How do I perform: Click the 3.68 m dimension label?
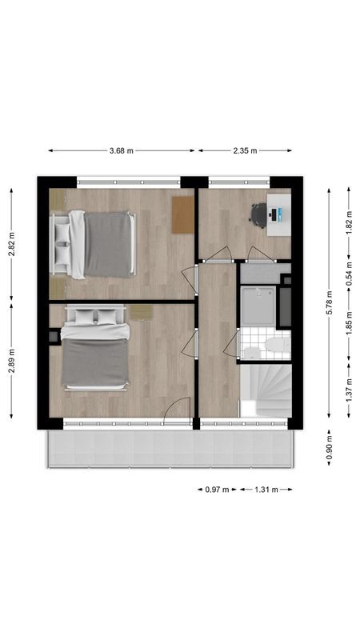(x=122, y=150)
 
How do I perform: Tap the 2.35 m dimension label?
(x=246, y=150)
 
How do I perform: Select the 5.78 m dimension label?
(x=330, y=302)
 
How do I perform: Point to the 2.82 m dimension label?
(x=11, y=244)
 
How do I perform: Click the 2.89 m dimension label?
(x=11, y=361)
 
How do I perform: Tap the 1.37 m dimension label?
(x=349, y=390)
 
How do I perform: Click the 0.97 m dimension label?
(x=217, y=490)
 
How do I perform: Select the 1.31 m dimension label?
(x=266, y=490)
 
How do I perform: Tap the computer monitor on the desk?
(x=274, y=214)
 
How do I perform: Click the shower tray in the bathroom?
(x=258, y=306)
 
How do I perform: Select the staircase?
(x=266, y=390)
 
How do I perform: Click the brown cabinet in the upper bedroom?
(x=182, y=214)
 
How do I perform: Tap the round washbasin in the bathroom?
(x=252, y=352)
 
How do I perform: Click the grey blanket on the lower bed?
(x=95, y=362)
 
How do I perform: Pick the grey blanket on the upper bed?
(x=107, y=244)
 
